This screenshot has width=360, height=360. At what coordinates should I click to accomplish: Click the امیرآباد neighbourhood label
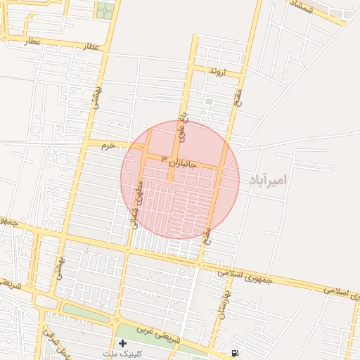(x=268, y=181)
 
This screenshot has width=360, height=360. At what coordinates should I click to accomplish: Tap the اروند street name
(x=217, y=72)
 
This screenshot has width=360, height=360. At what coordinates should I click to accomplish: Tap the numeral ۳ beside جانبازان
(x=164, y=158)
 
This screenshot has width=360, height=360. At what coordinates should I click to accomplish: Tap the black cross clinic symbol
(x=123, y=343)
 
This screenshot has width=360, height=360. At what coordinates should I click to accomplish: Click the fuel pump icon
(x=234, y=352)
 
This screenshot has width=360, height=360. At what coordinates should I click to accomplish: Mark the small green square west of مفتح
(x=208, y=102)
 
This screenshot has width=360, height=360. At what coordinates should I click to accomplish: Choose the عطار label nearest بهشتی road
(x=91, y=46)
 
